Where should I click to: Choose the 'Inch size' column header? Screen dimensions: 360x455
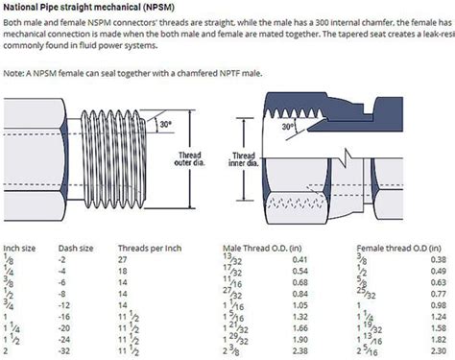coord(22,248)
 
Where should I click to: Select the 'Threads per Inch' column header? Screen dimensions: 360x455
coord(149,248)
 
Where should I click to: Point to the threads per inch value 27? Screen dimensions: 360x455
coord(123,259)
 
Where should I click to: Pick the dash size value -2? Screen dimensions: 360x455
coord(64,259)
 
